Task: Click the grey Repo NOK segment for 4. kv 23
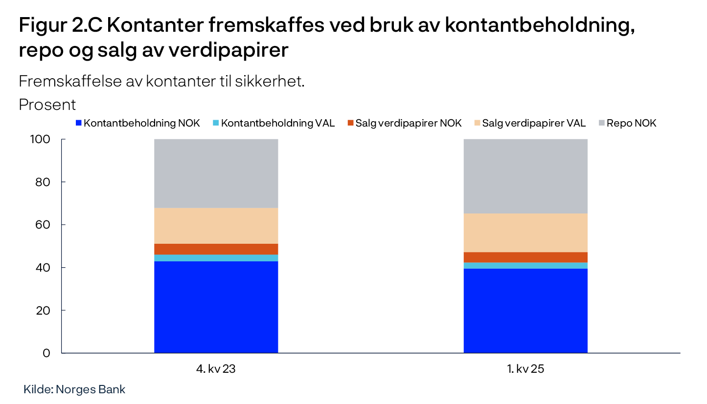[x=216, y=173]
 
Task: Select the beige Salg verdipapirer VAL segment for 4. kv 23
[x=216, y=226]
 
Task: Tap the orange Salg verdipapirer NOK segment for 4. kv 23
[x=216, y=249]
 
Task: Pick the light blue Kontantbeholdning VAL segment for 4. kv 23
[x=216, y=258]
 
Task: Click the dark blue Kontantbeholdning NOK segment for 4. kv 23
[x=216, y=307]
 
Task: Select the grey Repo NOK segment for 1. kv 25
[x=525, y=176]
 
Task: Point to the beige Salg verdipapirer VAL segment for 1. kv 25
[x=525, y=233]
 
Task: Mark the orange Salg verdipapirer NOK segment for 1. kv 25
[x=525, y=257]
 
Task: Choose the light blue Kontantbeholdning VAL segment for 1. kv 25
[x=525, y=265]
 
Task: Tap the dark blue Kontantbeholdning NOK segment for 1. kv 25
[x=525, y=311]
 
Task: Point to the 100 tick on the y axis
[x=42, y=140]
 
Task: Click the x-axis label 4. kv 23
[x=216, y=369]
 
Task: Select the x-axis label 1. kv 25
[x=525, y=369]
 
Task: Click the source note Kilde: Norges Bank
[x=74, y=390]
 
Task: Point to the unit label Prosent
[x=47, y=105]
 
